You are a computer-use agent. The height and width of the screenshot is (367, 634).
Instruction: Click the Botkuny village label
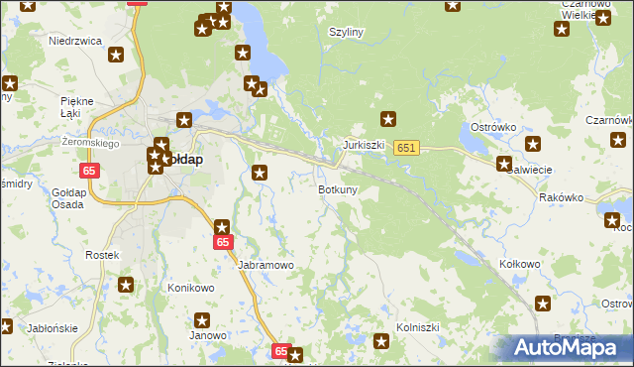(338, 189)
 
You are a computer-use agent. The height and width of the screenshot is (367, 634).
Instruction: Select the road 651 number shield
(406, 148)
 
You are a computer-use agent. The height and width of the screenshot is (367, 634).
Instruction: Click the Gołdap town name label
(182, 160)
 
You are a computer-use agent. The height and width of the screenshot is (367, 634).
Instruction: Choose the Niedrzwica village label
(75, 41)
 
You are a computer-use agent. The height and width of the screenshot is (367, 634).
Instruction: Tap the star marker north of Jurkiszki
(389, 120)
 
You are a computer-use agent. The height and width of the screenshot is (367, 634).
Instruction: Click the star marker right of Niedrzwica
(117, 56)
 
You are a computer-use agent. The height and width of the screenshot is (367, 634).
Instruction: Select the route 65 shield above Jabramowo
(223, 242)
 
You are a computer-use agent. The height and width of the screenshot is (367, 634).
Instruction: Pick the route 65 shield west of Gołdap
(90, 172)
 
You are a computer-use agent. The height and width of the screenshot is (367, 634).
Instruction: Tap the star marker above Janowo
(202, 320)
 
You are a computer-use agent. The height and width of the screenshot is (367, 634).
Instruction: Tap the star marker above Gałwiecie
(504, 164)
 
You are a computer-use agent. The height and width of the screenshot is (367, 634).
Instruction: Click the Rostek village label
(102, 255)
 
